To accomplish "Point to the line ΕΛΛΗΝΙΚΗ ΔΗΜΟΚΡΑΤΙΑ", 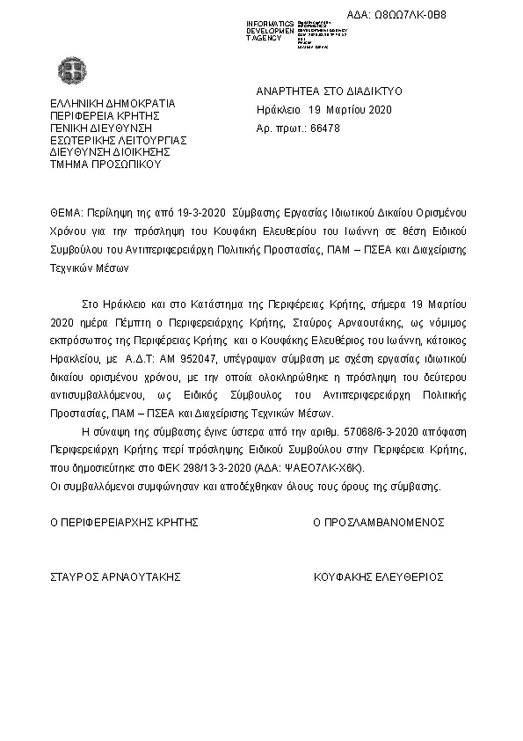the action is [x=113, y=103].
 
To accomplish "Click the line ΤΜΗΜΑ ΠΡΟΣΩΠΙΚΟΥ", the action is [x=105, y=164].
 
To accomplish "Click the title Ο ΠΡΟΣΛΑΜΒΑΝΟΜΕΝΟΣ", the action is [x=379, y=522].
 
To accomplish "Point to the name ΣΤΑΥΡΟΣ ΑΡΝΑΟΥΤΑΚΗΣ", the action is [x=115, y=577].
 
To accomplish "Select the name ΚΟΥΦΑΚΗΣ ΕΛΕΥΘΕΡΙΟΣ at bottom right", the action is [x=378, y=577].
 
